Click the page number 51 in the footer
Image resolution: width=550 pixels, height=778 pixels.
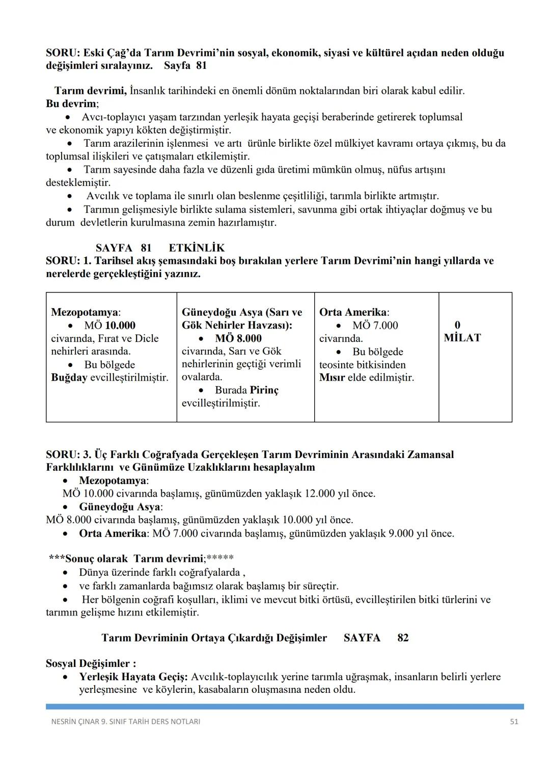[514, 721]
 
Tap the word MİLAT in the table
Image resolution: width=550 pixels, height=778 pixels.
[462, 338]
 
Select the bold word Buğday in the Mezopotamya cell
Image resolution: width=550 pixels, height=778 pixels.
[69, 378]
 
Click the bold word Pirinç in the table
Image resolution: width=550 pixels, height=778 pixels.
[264, 390]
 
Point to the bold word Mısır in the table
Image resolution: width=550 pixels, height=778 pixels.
[332, 378]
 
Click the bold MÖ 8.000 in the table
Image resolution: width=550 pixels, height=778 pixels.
[238, 338]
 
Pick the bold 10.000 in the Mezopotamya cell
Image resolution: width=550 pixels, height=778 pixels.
[120, 326]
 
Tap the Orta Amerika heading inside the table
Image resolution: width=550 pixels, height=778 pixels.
[353, 312]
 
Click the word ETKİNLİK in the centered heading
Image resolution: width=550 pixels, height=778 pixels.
[197, 248]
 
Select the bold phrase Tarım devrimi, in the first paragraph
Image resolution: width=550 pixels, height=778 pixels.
[91, 91]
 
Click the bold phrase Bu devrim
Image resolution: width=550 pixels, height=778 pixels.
[71, 104]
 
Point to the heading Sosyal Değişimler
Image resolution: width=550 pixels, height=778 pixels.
[91, 663]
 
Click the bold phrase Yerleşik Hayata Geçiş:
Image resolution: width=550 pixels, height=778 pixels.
[133, 677]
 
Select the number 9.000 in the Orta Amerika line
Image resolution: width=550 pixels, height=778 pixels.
[401, 533]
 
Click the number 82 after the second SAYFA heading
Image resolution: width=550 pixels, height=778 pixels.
[403, 638]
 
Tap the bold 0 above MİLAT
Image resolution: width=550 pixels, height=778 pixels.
[457, 325]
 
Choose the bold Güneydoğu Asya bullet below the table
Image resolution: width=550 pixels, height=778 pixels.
[120, 507]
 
